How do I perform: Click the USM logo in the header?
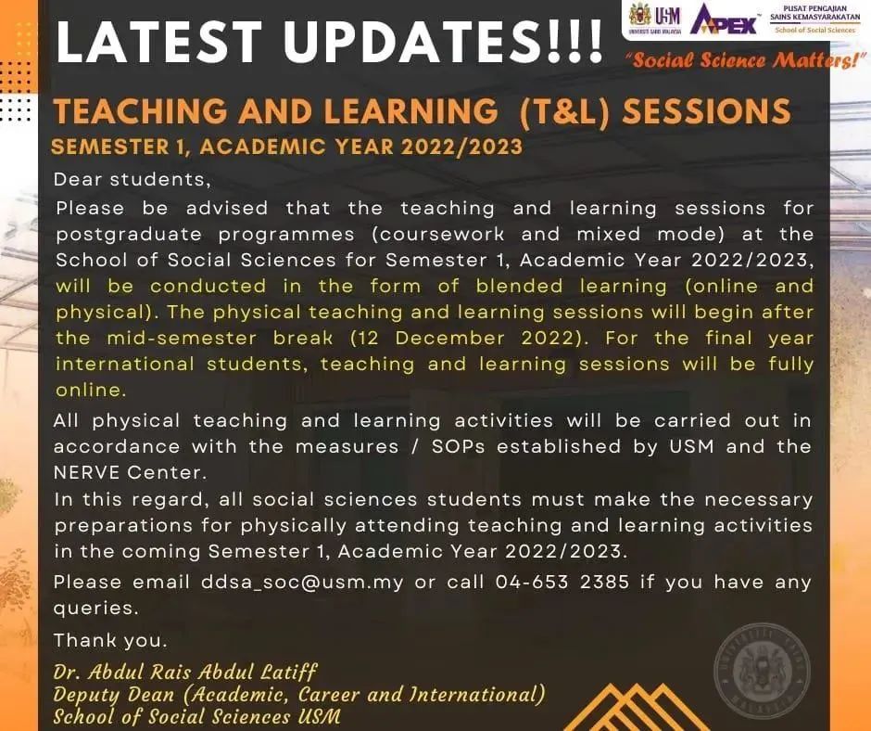pyautogui.click(x=655, y=20)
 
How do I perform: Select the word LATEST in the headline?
pyautogui.click(x=159, y=41)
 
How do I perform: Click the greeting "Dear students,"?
pyautogui.click(x=133, y=180)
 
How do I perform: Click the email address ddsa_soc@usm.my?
pyautogui.click(x=302, y=583)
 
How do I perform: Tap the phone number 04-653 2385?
pyautogui.click(x=562, y=582)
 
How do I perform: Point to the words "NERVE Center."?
pyautogui.click(x=131, y=473)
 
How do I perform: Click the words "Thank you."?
pyautogui.click(x=110, y=640)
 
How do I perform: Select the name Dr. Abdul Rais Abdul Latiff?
pyautogui.click(x=185, y=672)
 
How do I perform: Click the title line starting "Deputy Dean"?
pyautogui.click(x=299, y=694)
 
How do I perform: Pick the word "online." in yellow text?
pyautogui.click(x=91, y=390)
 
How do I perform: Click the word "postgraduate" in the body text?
pyautogui.click(x=129, y=234)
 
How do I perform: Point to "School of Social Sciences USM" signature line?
pyautogui.click(x=196, y=716)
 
